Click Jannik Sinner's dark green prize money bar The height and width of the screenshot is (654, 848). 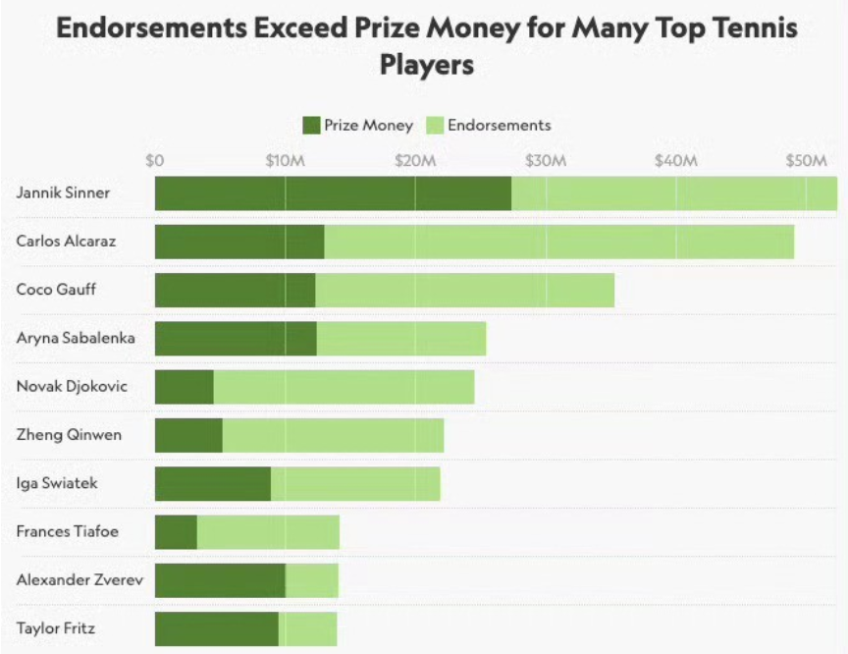[333, 193]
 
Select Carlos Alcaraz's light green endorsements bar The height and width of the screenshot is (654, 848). [558, 242]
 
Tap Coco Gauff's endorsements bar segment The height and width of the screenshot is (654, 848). [464, 290]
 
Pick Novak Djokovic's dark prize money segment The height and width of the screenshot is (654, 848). [185, 387]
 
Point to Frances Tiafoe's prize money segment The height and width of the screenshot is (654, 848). [176, 532]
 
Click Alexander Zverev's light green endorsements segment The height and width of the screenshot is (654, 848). [311, 580]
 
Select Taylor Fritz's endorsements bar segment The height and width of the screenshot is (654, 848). [307, 628]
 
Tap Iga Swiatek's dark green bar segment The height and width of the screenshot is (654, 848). [212, 484]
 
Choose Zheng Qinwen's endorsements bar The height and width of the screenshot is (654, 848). [333, 435]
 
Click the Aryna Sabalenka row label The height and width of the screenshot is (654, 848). [76, 338]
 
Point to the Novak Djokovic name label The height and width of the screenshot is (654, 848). [72, 387]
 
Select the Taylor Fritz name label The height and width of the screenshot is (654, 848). [56, 628]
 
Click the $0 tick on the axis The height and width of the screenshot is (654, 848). [154, 160]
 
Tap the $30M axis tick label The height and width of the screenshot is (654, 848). [546, 160]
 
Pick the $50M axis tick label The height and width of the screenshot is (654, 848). [807, 160]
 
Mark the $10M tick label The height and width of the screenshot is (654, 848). [285, 160]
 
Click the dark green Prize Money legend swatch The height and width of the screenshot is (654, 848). [311, 125]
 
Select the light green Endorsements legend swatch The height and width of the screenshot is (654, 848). [435, 125]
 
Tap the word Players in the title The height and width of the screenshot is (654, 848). [427, 65]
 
